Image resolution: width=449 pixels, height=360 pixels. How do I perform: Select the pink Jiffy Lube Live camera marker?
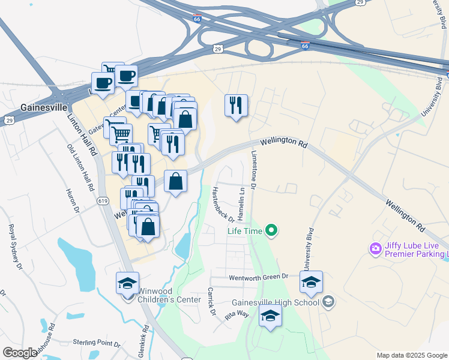[x=376, y=248]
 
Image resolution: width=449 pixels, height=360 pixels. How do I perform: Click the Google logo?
[x=20, y=352]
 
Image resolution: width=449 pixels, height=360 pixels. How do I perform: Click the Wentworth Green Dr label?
[x=259, y=277]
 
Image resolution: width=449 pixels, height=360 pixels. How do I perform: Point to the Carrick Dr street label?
[x=211, y=301]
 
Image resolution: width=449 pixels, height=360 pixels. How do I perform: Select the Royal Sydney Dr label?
[x=14, y=247]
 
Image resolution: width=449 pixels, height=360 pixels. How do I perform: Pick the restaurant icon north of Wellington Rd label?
[x=236, y=106]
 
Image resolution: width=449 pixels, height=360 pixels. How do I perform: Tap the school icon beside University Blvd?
[x=311, y=281]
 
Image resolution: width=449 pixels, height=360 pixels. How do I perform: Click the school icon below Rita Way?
[x=270, y=316]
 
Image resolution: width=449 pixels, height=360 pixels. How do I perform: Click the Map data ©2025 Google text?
[x=412, y=355]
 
